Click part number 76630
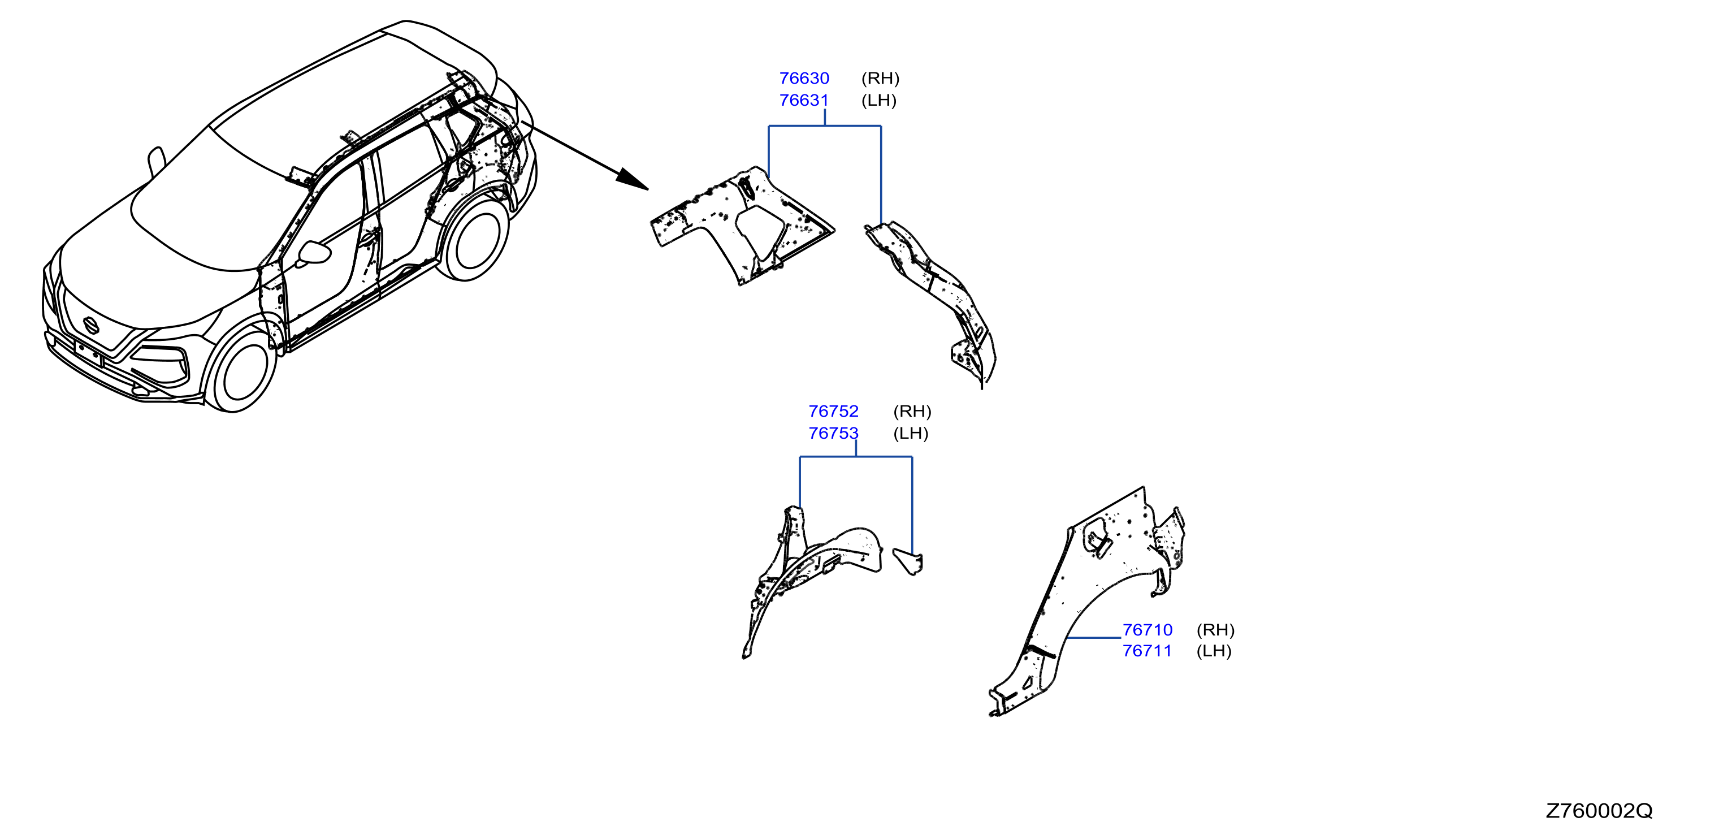tap(804, 78)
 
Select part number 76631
tap(804, 100)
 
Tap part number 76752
tap(833, 411)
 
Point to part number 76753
tap(833, 433)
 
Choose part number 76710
tap(1147, 629)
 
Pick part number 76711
tap(1147, 651)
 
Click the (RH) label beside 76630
tap(880, 78)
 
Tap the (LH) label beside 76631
tap(879, 100)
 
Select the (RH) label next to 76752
tap(912, 411)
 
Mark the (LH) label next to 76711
tap(1214, 651)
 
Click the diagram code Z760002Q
tap(1599, 810)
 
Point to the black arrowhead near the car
tap(631, 179)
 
